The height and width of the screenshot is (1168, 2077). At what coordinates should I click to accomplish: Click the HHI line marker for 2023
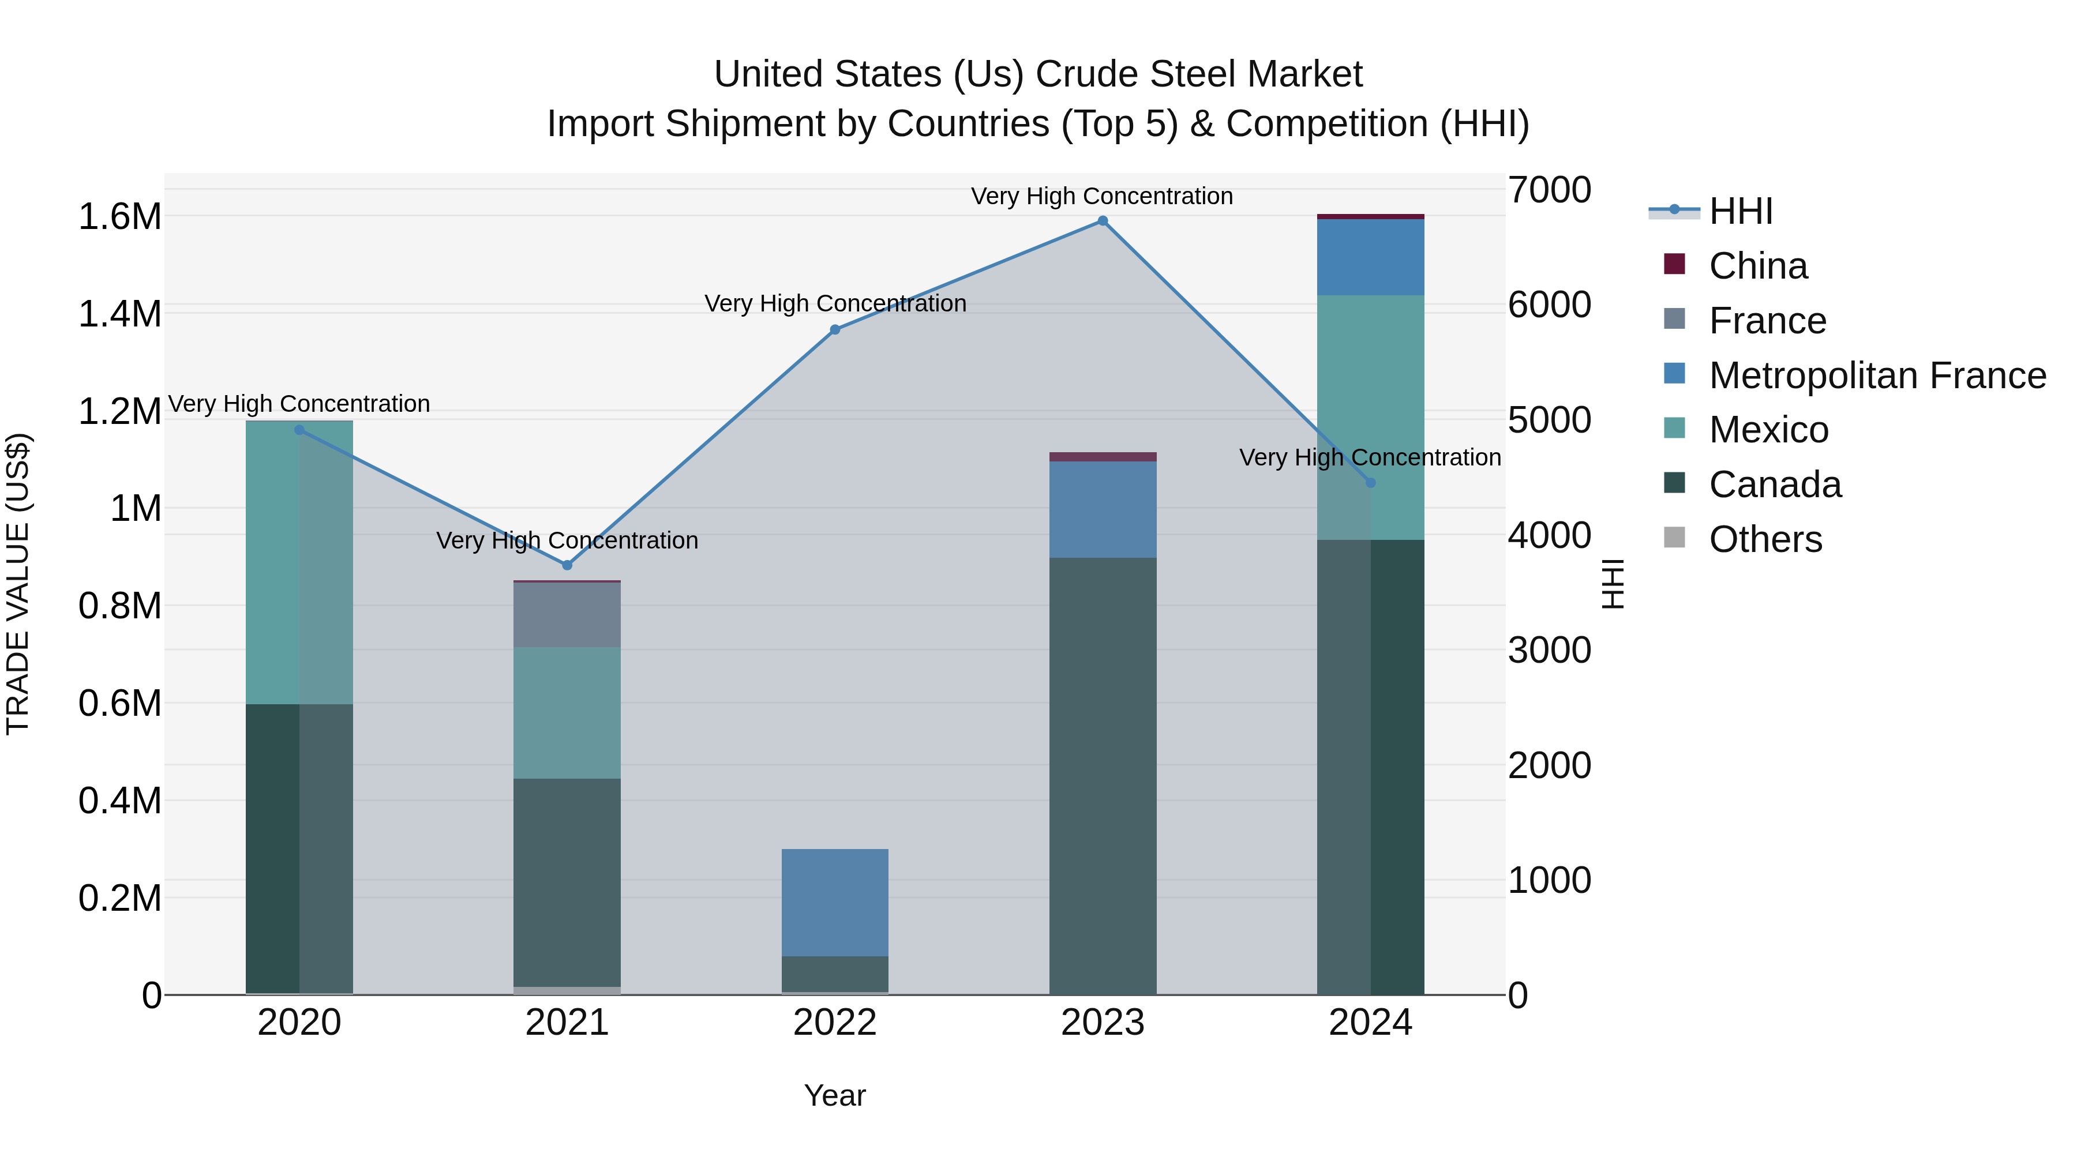[1102, 221]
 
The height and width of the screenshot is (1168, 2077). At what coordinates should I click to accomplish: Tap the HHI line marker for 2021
[567, 565]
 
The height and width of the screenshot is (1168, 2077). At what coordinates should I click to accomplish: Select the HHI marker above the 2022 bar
[834, 330]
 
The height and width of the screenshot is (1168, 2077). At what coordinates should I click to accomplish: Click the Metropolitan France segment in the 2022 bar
[834, 902]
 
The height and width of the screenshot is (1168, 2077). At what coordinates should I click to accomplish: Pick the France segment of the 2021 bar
[567, 614]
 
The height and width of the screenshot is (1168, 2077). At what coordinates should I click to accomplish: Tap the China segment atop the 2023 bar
[1102, 457]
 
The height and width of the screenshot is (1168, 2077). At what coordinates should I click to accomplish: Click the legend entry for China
[1758, 266]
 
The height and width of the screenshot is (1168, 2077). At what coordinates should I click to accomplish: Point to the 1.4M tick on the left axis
[120, 314]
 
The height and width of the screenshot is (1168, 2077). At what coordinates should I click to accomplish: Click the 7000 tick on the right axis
[1550, 190]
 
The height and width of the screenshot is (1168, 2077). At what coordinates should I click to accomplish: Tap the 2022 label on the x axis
[834, 1023]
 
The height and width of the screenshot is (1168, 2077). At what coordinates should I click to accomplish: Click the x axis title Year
[834, 1095]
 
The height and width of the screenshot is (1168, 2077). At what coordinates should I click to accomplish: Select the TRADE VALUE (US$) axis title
[18, 584]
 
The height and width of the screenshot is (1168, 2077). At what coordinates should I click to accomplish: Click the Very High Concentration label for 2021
[567, 540]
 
